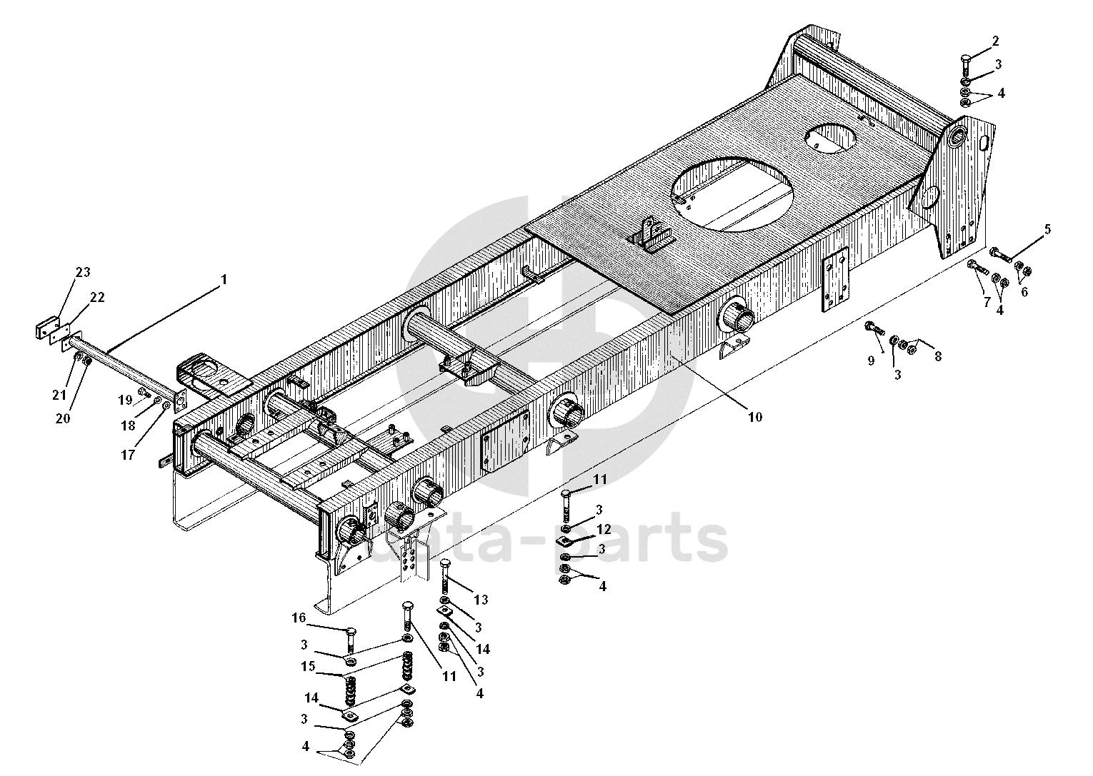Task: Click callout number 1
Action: [224, 280]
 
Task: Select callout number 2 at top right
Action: [995, 41]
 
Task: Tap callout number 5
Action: [1047, 229]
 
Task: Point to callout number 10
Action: [754, 416]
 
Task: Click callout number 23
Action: [83, 272]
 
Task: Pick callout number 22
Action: [97, 297]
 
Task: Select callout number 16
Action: [299, 618]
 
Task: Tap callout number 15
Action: [308, 667]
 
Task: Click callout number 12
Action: [604, 529]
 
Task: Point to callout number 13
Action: [481, 600]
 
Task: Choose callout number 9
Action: [871, 361]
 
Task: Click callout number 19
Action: [125, 400]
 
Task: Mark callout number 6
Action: [1024, 291]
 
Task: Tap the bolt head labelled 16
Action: [349, 630]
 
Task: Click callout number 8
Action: [938, 356]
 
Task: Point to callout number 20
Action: [63, 419]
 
